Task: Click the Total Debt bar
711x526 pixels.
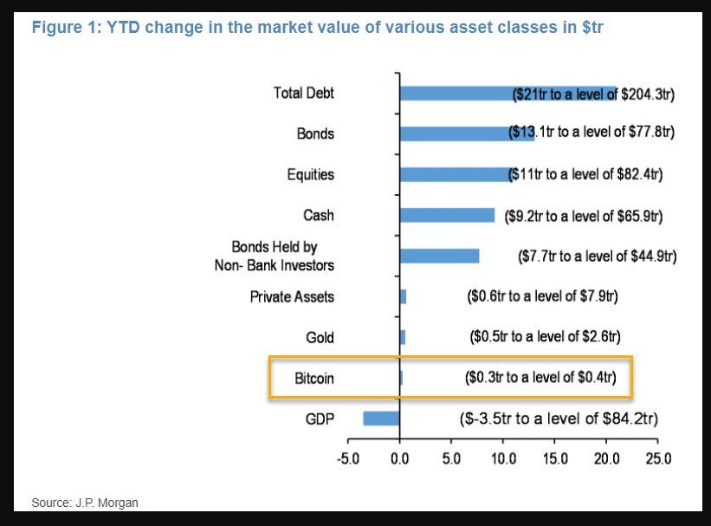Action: tap(459, 93)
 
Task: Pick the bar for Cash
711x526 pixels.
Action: tap(447, 215)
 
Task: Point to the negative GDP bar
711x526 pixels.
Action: tap(381, 419)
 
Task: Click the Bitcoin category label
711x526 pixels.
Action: tap(313, 378)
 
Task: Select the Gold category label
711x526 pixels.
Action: tap(320, 337)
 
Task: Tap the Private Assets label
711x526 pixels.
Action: tap(292, 296)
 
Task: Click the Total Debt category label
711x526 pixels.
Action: tap(303, 93)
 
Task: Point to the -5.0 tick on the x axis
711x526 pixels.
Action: tap(347, 458)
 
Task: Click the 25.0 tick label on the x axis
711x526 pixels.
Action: tap(658, 458)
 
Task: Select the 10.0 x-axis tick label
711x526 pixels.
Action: tap(503, 458)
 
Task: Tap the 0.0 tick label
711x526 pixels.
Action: tap(399, 458)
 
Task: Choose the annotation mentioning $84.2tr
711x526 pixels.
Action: tap(558, 419)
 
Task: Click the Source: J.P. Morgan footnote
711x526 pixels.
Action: tap(85, 503)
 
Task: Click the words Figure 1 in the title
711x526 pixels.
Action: tap(64, 27)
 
